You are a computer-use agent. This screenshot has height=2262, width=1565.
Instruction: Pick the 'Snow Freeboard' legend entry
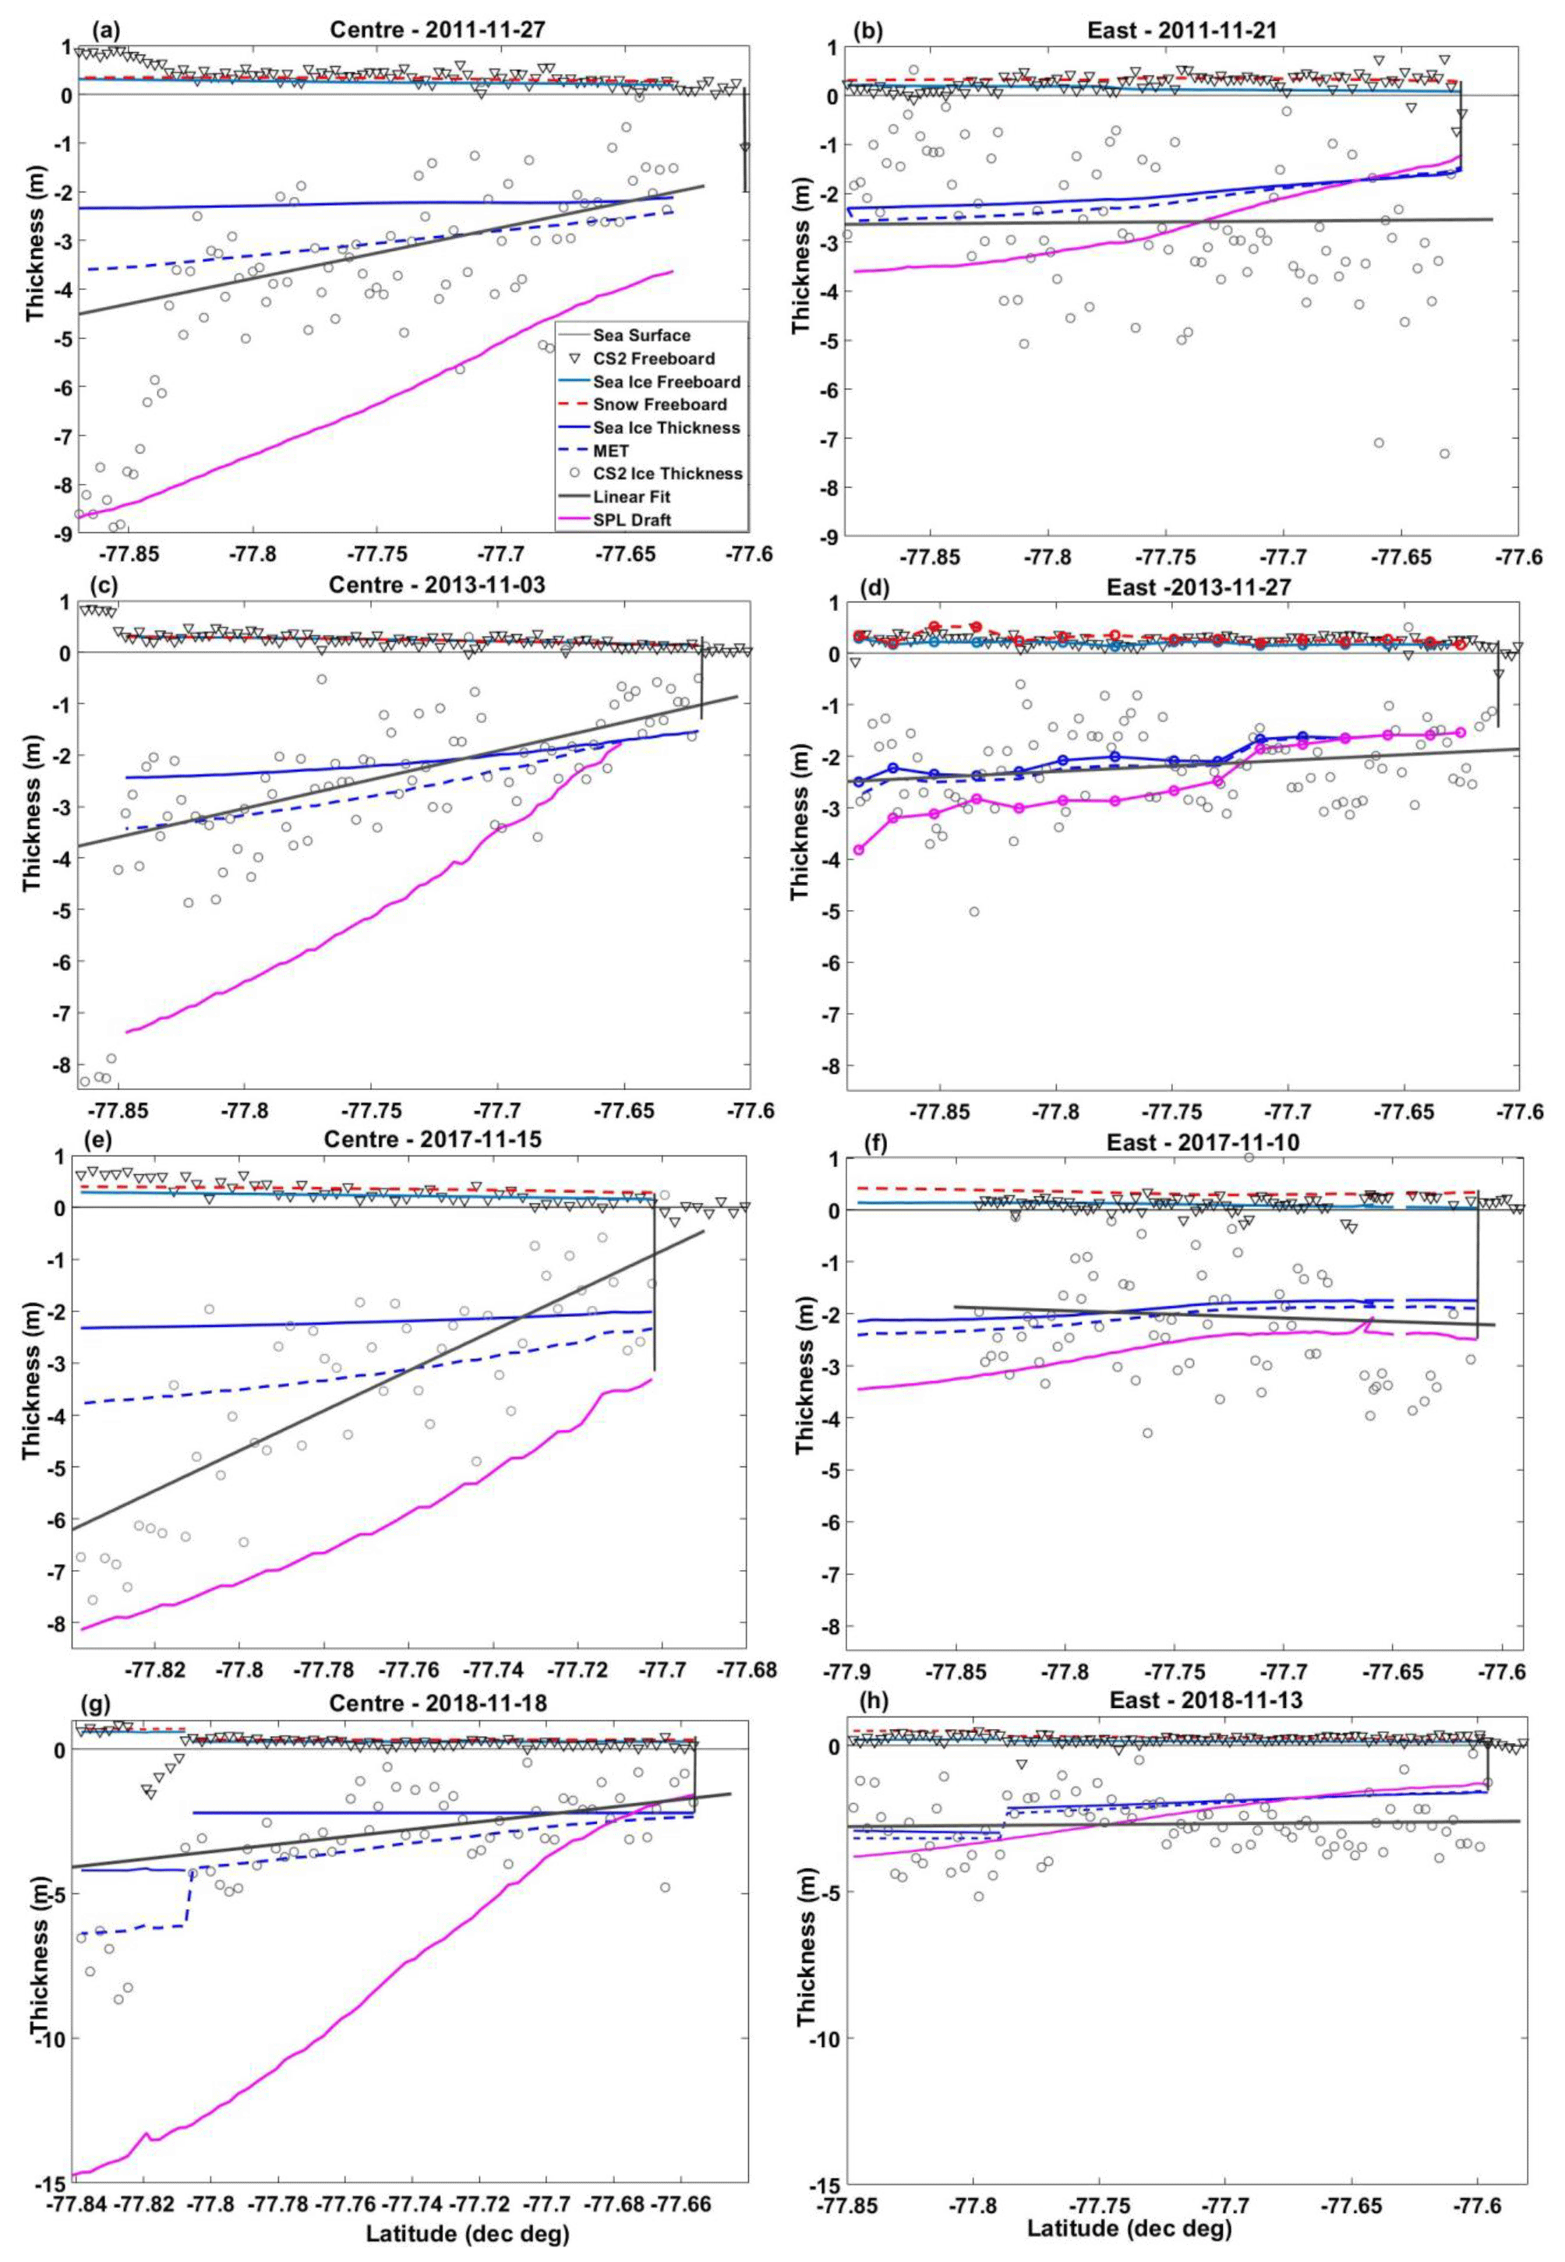(x=659, y=404)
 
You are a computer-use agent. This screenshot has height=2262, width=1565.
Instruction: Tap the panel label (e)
(x=95, y=1140)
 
